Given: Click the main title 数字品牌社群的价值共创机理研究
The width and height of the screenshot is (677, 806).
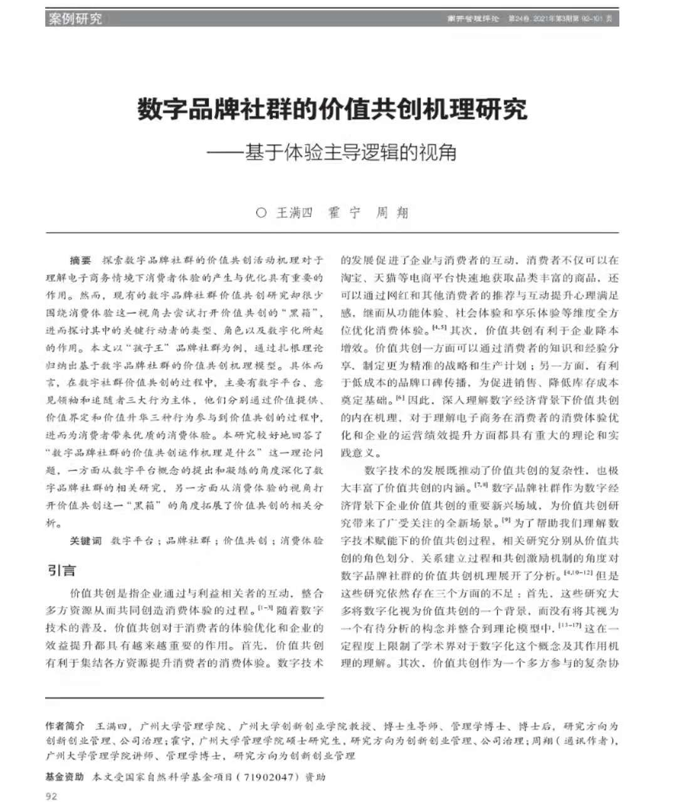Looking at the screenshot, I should (x=332, y=109).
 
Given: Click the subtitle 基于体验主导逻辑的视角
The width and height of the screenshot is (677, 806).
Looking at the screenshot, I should (x=350, y=152).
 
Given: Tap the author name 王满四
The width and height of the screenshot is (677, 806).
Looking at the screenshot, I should (x=294, y=213).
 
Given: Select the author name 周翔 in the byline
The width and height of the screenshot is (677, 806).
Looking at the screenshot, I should (x=392, y=213).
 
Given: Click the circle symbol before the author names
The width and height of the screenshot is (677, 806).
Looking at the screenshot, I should (x=261, y=213).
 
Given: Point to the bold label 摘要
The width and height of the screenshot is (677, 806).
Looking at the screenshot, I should (x=80, y=260).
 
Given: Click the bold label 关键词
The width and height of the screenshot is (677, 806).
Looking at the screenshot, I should (x=85, y=541).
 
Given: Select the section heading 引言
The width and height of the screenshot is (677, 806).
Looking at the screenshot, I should (x=61, y=570).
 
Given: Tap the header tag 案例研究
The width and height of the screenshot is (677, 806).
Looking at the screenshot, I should (x=75, y=19).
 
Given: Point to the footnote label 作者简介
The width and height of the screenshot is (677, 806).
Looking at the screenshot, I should (x=65, y=726).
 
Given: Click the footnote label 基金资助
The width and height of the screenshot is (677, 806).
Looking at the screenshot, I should (x=65, y=777).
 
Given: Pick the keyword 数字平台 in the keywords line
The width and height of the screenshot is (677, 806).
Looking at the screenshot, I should (x=132, y=541).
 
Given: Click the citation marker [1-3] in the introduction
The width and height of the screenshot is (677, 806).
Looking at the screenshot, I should (x=265, y=608).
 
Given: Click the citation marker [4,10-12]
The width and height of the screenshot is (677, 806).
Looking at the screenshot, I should (x=577, y=573).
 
